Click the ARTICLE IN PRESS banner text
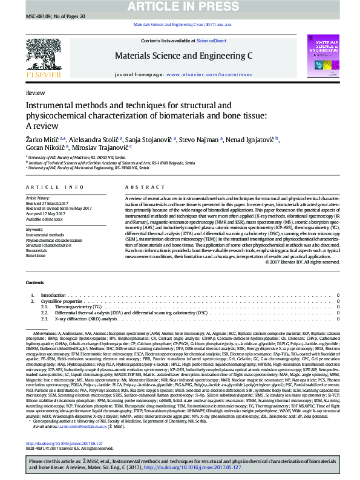[x=180, y=6]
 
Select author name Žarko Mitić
[x=44, y=140]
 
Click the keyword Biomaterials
[x=38, y=250]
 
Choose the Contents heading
[x=34, y=283]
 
